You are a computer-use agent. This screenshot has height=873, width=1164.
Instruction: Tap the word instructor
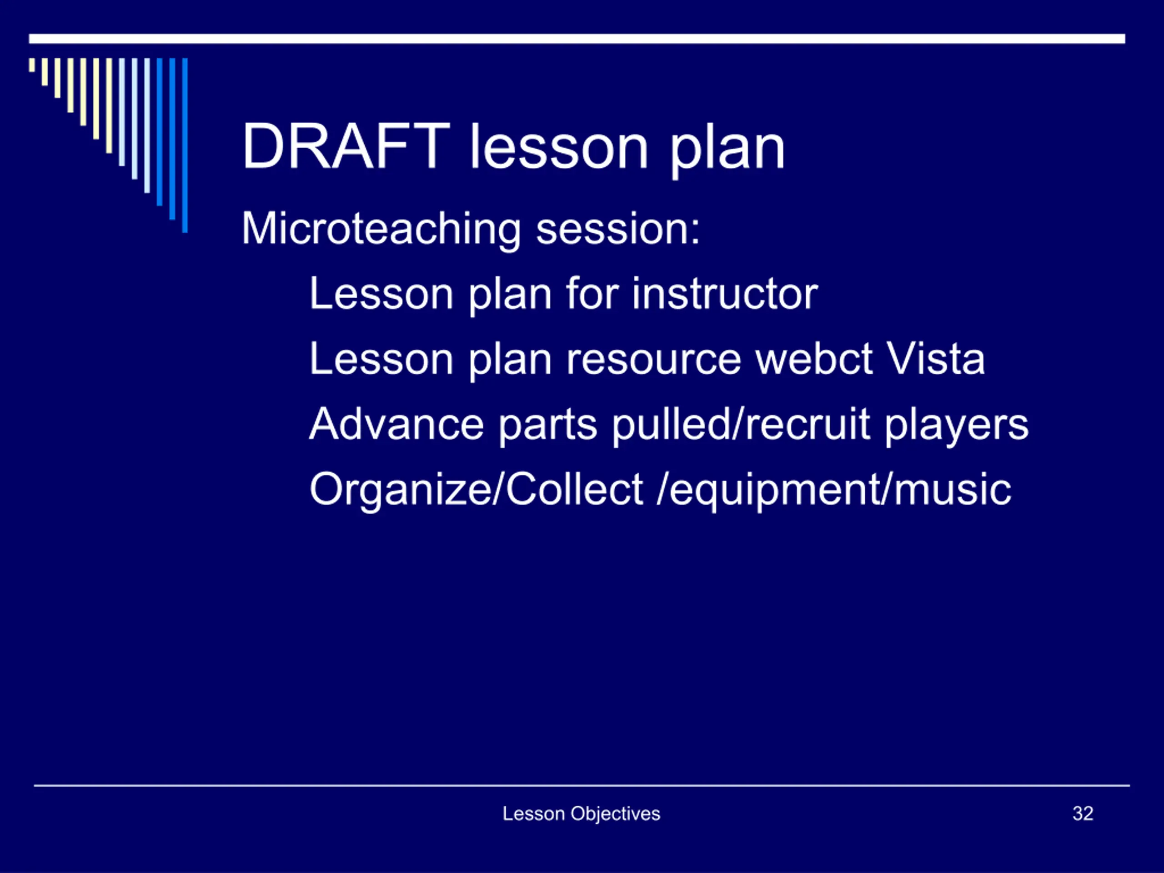coord(725,294)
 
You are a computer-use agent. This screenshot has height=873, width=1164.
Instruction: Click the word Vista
coord(936,359)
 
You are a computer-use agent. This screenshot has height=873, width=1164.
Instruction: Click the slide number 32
coord(1083,813)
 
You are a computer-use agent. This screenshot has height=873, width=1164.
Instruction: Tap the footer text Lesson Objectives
coord(582,814)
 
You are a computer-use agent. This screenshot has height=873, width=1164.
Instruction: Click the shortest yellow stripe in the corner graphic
coord(32,65)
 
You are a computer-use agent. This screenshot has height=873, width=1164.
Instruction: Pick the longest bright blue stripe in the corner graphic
coord(185,145)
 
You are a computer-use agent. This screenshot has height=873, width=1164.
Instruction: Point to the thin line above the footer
coord(582,786)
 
